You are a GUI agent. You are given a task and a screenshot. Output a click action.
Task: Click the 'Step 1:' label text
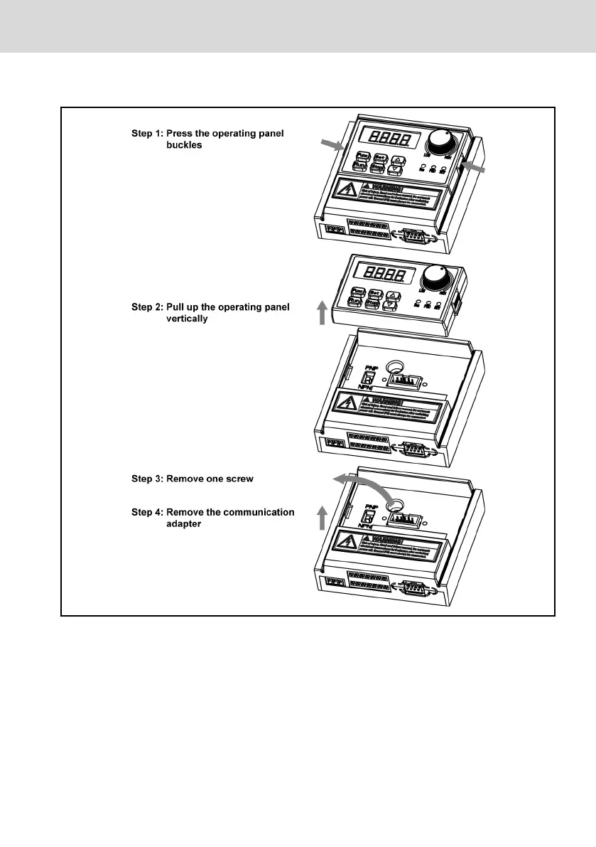(147, 133)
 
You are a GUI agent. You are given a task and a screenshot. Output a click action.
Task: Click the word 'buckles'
(185, 144)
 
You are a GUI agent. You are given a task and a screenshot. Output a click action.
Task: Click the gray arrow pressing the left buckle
(332, 146)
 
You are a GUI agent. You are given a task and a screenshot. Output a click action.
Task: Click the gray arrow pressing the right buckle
(475, 167)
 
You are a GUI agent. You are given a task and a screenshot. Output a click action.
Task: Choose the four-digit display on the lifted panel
(384, 274)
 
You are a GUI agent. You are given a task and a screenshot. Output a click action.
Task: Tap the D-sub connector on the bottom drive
(413, 590)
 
